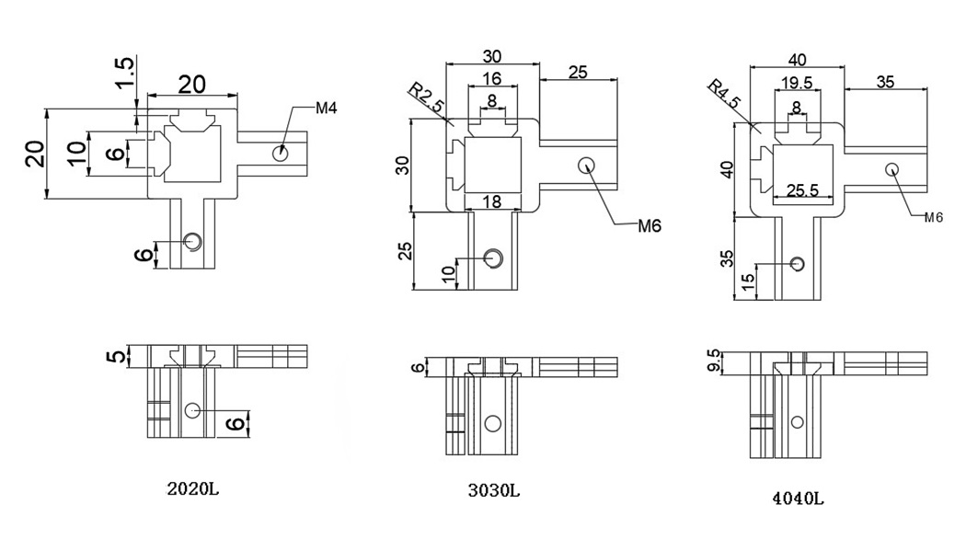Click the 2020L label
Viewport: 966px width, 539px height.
pos(192,488)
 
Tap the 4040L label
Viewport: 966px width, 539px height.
pos(798,499)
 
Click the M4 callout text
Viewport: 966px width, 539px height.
pos(327,109)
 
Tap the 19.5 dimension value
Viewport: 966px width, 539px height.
pos(796,83)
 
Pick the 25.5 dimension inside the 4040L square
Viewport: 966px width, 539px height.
pos(802,190)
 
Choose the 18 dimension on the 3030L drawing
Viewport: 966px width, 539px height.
pos(493,201)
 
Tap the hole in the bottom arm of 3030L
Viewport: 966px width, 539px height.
pos(494,258)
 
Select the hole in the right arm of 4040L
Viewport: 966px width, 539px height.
pos(891,169)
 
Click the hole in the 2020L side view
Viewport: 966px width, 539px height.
pos(191,409)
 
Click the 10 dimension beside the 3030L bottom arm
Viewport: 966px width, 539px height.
pos(449,274)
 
